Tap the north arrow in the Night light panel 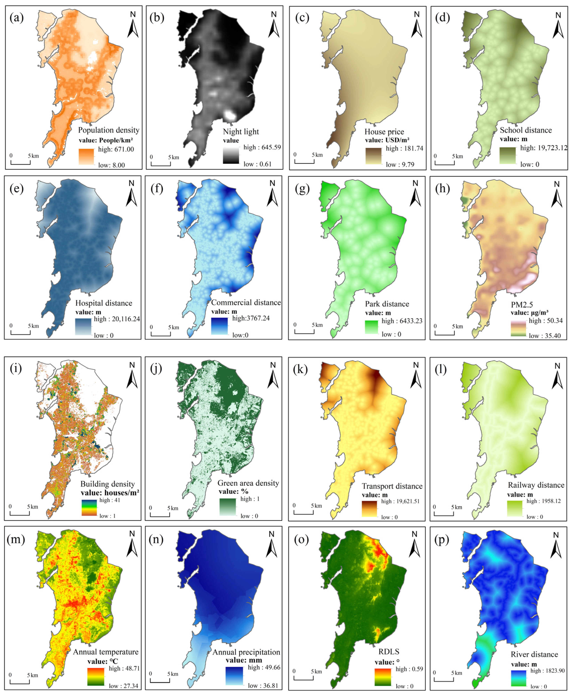(274, 25)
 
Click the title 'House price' (384, 132)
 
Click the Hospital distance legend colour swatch (83, 326)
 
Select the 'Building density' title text (108, 484)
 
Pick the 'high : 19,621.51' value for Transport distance (400, 501)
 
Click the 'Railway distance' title (536, 485)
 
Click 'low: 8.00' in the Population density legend (112, 165)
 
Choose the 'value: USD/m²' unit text (387, 140)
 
